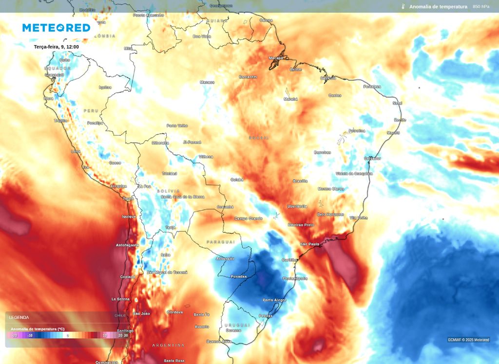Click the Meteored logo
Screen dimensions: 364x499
[57, 28]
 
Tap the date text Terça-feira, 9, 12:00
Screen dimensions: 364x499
[57, 47]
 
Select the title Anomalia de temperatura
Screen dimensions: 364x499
[438, 6]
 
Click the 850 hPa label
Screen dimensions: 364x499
[481, 6]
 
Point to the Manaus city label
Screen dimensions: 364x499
[207, 82]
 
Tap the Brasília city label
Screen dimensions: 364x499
[300, 181]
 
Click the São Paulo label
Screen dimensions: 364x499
[309, 244]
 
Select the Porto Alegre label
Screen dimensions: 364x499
[274, 300]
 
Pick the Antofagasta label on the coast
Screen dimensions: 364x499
[127, 245]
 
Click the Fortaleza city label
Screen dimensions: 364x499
[372, 86]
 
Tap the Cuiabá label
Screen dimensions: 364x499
[237, 180]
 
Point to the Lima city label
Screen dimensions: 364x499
[76, 151]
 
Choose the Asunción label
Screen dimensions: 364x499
[225, 259]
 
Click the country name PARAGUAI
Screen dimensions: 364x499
[220, 242]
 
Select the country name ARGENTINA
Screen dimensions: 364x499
[168, 345]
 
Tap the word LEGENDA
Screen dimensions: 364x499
[19, 317]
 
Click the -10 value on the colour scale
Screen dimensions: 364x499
[30, 335]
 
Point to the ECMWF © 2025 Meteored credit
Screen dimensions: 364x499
[469, 340]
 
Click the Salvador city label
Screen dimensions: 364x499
[373, 159]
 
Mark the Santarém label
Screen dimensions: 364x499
[248, 77]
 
